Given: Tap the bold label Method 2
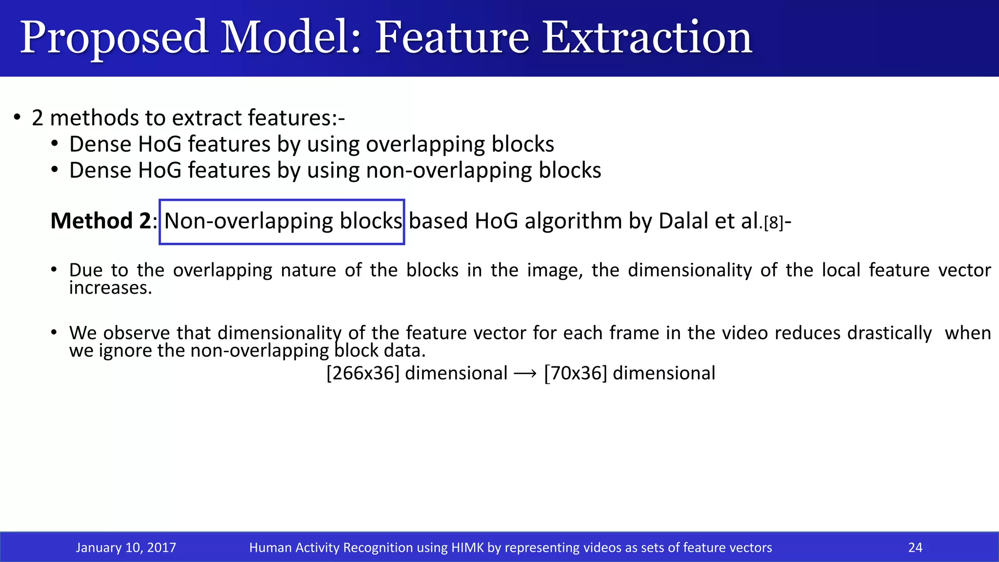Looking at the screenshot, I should coord(100,221).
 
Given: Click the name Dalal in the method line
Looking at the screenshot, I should coord(683,221).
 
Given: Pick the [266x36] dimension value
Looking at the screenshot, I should coord(363,373).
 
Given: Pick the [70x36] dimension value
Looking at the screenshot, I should coord(576,373).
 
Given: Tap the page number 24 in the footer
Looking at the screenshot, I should coord(915,547).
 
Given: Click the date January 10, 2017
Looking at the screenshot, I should coord(126,547).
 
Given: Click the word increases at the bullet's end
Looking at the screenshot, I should coord(110,288).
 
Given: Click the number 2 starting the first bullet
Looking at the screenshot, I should coord(38,119).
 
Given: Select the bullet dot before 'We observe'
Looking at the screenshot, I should coord(55,333).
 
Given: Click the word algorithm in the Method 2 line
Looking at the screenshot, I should coord(573,221).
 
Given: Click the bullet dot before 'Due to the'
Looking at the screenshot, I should coord(55,270).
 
